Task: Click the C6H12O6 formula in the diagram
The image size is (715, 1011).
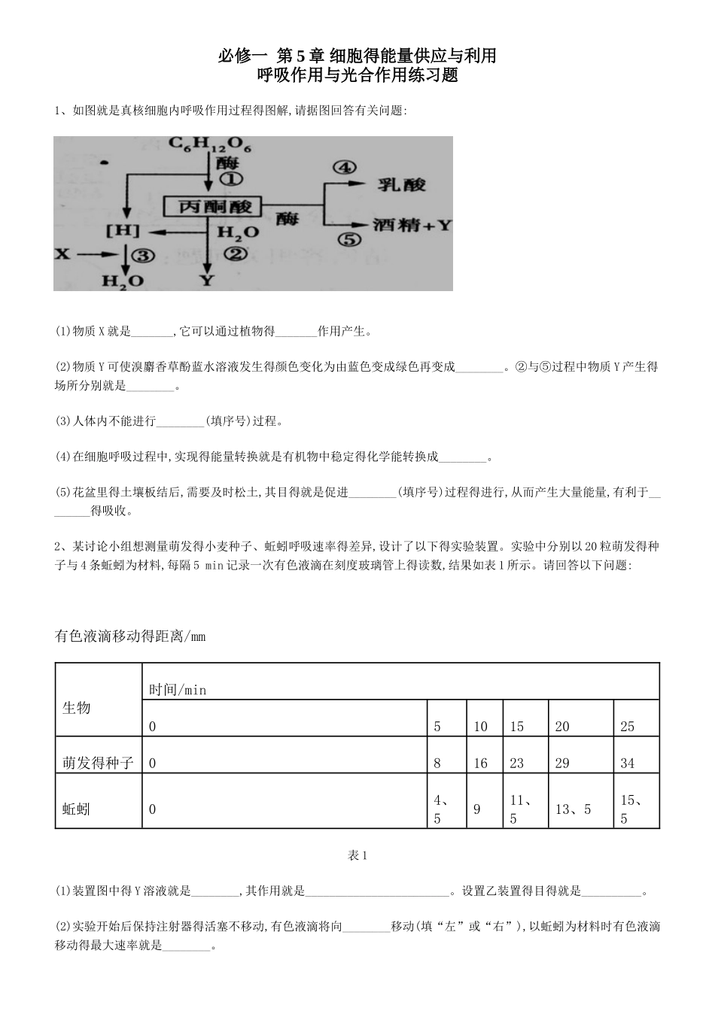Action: (x=209, y=145)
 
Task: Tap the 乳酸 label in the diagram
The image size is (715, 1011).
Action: (x=401, y=184)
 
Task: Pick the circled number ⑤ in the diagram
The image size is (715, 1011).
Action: (x=348, y=241)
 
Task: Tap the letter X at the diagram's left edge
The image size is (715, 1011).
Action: (x=62, y=254)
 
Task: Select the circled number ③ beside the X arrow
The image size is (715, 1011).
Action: (x=143, y=255)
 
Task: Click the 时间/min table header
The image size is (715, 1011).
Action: (x=178, y=689)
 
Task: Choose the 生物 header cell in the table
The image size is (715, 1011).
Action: (x=76, y=707)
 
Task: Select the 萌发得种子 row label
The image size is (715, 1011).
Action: (x=98, y=763)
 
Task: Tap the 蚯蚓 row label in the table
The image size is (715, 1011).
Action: (x=76, y=809)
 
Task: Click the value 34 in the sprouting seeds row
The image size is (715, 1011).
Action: (x=627, y=763)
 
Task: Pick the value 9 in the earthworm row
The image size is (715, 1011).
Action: (x=476, y=809)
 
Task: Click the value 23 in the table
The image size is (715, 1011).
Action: (x=516, y=763)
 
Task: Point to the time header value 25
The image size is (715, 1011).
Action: (x=627, y=726)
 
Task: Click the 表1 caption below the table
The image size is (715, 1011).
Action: (x=357, y=855)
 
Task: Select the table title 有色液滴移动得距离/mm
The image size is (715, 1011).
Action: (x=130, y=636)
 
